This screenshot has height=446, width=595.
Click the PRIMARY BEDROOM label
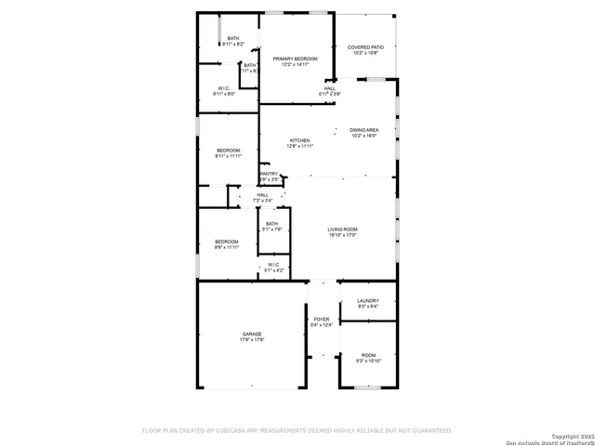tap(295, 59)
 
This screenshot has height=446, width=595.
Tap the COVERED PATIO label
tap(365, 46)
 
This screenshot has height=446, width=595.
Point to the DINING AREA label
tap(364, 130)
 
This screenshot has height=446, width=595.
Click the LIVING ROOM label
tap(342, 230)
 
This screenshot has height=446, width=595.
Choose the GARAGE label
tap(252, 334)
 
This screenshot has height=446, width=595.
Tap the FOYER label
tap(322, 319)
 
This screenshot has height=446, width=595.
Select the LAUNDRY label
tap(367, 300)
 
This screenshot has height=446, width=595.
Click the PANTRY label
tap(269, 174)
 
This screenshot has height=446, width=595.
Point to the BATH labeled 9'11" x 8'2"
tap(233, 38)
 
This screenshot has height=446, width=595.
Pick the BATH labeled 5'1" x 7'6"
tap(271, 223)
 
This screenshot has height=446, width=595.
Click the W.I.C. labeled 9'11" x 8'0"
tap(224, 88)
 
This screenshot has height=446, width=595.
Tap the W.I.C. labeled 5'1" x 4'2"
tap(273, 265)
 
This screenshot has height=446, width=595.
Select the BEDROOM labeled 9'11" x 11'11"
tap(229, 151)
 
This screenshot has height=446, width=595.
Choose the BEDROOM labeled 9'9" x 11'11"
tap(227, 242)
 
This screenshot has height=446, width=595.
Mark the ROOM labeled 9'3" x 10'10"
tap(369, 354)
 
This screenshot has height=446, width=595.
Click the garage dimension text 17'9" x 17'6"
tap(252, 340)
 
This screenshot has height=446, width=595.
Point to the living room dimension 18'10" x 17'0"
tap(342, 235)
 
